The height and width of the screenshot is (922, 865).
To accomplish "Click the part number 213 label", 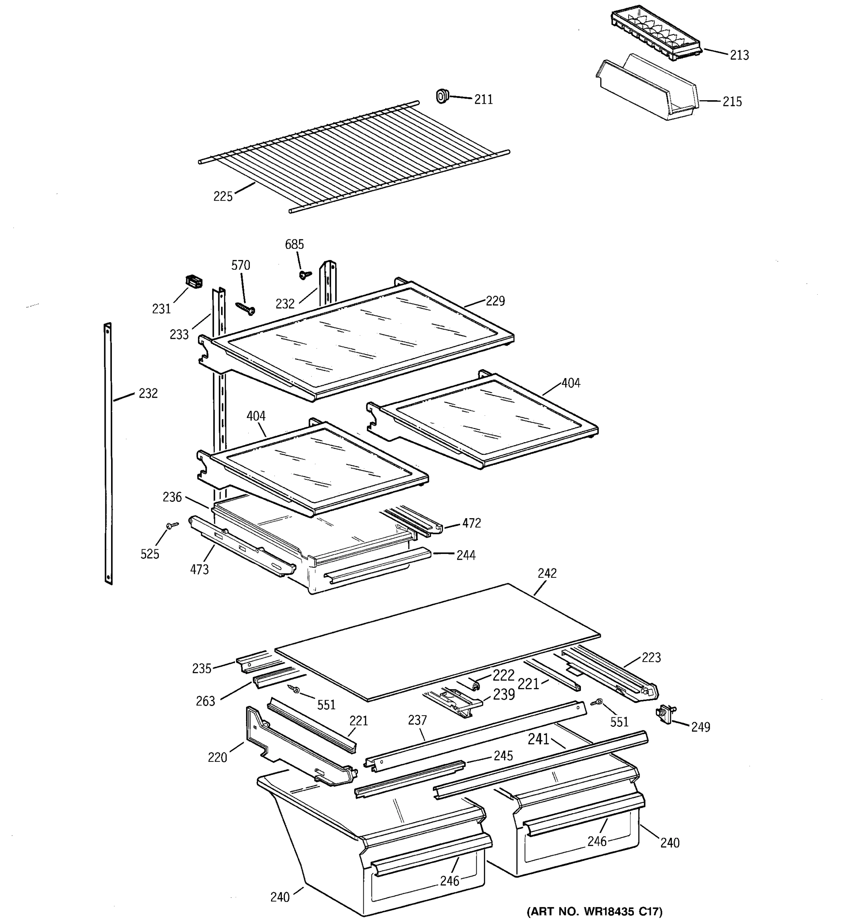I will coord(739,55).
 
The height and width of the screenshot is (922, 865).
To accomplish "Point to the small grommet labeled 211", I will coord(442,96).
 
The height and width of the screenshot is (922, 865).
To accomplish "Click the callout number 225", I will coord(223,197).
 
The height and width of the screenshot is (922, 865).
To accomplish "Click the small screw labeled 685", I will coord(305,275).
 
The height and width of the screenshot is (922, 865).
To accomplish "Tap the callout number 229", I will coord(495,301).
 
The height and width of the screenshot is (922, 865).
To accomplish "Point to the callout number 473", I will coord(200,569).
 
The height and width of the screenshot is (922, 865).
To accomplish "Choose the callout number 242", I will coord(547,573).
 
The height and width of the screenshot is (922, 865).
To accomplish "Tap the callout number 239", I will coord(504,695).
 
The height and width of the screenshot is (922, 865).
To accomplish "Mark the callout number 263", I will coord(205,701).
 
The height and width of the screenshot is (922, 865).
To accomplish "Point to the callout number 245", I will coord(503,756).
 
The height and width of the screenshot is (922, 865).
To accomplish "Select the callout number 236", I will coord(172,497).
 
